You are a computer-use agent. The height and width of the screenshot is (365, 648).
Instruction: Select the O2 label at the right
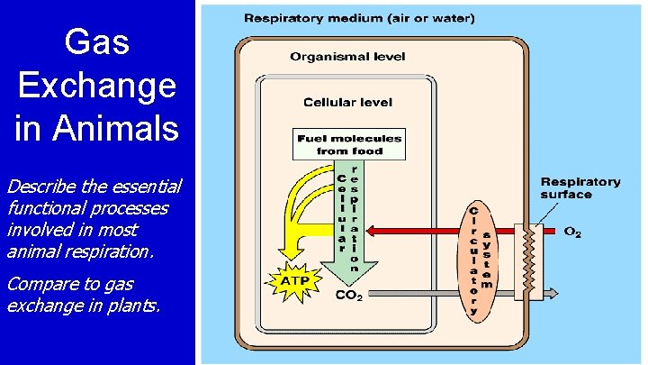click(572, 232)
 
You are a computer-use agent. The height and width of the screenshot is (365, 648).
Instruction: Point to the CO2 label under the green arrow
click(348, 295)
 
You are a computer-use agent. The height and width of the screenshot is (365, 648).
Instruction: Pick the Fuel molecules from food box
click(349, 144)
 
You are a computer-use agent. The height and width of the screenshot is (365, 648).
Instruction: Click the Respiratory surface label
click(580, 187)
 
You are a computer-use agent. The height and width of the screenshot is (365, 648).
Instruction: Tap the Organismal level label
click(347, 57)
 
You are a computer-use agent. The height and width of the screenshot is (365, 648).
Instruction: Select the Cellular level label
click(346, 103)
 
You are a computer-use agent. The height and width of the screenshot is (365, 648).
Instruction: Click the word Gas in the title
click(96, 41)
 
